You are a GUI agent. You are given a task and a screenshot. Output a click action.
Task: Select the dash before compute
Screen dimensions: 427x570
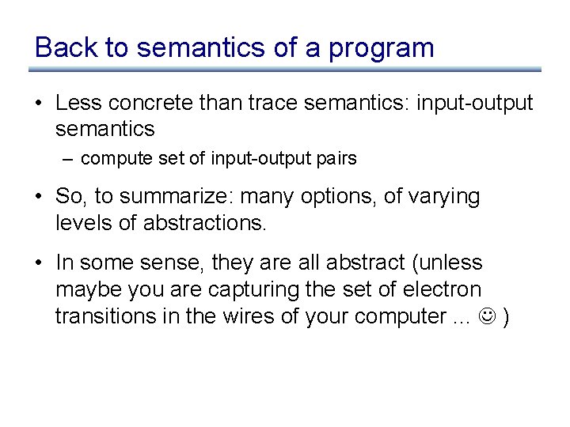(69, 158)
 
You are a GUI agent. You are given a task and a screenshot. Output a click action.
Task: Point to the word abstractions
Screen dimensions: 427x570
(205, 222)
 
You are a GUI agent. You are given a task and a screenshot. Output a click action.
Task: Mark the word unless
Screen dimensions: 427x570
(455, 262)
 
